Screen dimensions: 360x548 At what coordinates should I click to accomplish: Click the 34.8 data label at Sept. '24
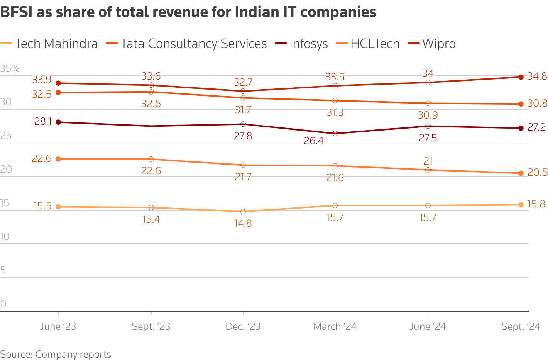point(537,76)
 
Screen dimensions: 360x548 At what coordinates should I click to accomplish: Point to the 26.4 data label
point(314,141)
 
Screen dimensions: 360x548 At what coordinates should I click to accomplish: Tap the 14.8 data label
point(243,223)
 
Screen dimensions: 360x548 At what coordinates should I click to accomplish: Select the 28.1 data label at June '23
point(43,122)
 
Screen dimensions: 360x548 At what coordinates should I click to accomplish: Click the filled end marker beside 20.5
point(521,173)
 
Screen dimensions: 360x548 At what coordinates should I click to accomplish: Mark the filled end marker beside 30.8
point(521,104)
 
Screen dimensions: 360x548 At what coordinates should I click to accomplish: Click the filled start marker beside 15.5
point(58,207)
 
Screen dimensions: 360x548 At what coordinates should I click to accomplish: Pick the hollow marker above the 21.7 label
point(243,165)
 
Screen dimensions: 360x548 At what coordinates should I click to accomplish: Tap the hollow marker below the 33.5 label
point(335,86)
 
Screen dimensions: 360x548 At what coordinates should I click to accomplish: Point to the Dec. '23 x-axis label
point(243,327)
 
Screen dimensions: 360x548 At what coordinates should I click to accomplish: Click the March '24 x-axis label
point(335,327)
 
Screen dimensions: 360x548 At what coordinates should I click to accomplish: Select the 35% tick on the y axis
point(10,69)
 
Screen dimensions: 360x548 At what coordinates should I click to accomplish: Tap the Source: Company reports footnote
point(56,354)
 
